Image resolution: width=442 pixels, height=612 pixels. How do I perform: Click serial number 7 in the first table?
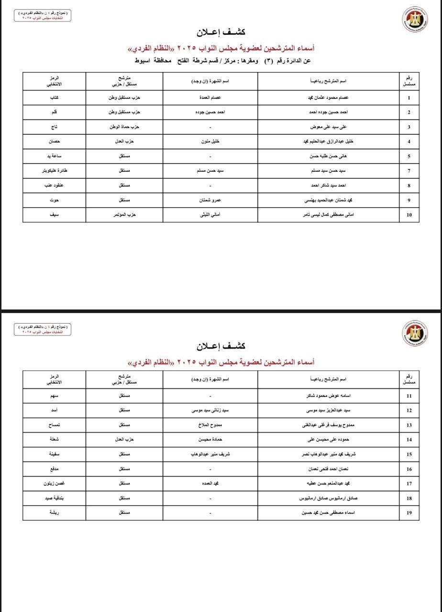tap(409, 171)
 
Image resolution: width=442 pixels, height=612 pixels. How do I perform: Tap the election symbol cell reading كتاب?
tap(54, 98)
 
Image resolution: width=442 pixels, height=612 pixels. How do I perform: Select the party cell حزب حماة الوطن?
tap(124, 127)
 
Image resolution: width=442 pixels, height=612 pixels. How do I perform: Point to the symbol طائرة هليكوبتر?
tap(54, 171)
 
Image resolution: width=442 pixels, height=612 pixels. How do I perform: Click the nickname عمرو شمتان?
tap(210, 200)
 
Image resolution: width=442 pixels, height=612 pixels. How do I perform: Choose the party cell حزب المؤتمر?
tap(124, 215)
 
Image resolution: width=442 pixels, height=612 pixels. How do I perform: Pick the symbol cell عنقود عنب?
tap(54, 186)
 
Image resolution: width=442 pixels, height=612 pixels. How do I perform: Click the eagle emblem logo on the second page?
tap(414, 333)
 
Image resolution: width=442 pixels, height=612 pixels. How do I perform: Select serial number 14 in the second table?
tap(409, 439)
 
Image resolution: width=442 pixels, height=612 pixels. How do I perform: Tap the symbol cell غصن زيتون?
tap(54, 483)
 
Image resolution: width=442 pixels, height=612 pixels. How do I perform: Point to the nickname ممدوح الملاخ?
tap(210, 425)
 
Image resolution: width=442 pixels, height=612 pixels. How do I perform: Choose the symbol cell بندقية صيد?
tap(54, 498)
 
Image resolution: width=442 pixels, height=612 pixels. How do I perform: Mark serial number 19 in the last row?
tap(409, 513)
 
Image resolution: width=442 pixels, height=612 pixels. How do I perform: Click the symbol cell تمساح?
tap(54, 425)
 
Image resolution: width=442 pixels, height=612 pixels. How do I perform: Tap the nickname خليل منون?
tap(210, 142)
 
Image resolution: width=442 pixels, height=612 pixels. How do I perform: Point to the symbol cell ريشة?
tap(54, 513)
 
